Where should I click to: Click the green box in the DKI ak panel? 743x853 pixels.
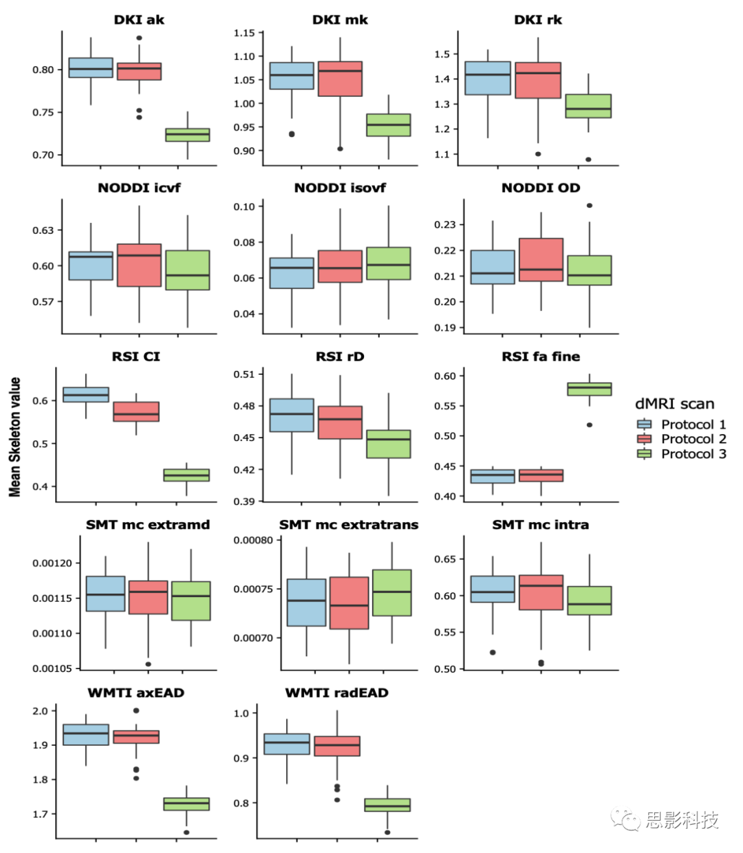pyautogui.click(x=188, y=135)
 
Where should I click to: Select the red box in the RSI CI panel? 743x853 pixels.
pyautogui.click(x=136, y=411)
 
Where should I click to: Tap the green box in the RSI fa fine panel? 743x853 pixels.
pyautogui.click(x=590, y=389)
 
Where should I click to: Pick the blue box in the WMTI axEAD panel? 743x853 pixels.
pyautogui.click(x=86, y=735)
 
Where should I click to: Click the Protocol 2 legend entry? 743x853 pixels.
pyautogui.click(x=693, y=439)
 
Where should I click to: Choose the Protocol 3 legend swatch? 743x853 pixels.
pyautogui.click(x=644, y=454)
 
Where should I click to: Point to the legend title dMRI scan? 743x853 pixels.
pyautogui.click(x=674, y=404)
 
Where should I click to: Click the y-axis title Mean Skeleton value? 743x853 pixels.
pyautogui.click(x=14, y=437)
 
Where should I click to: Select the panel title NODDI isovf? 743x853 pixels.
pyautogui.click(x=340, y=188)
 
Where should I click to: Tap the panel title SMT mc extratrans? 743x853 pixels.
pyautogui.click(x=348, y=524)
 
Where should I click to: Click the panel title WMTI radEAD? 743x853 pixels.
pyautogui.click(x=336, y=693)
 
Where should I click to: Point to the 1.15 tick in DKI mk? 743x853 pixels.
pyautogui.click(x=244, y=33)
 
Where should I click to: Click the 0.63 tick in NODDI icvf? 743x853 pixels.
pyautogui.click(x=43, y=230)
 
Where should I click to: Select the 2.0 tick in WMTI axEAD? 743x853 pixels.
pyautogui.click(x=40, y=711)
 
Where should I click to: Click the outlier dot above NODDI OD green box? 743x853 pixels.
pyautogui.click(x=589, y=206)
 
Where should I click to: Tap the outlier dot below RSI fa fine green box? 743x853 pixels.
pyautogui.click(x=590, y=425)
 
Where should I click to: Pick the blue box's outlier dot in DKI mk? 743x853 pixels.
pyautogui.click(x=292, y=134)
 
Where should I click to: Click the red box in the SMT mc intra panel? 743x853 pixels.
pyautogui.click(x=541, y=592)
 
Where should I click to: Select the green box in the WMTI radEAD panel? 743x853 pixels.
pyautogui.click(x=387, y=805)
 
